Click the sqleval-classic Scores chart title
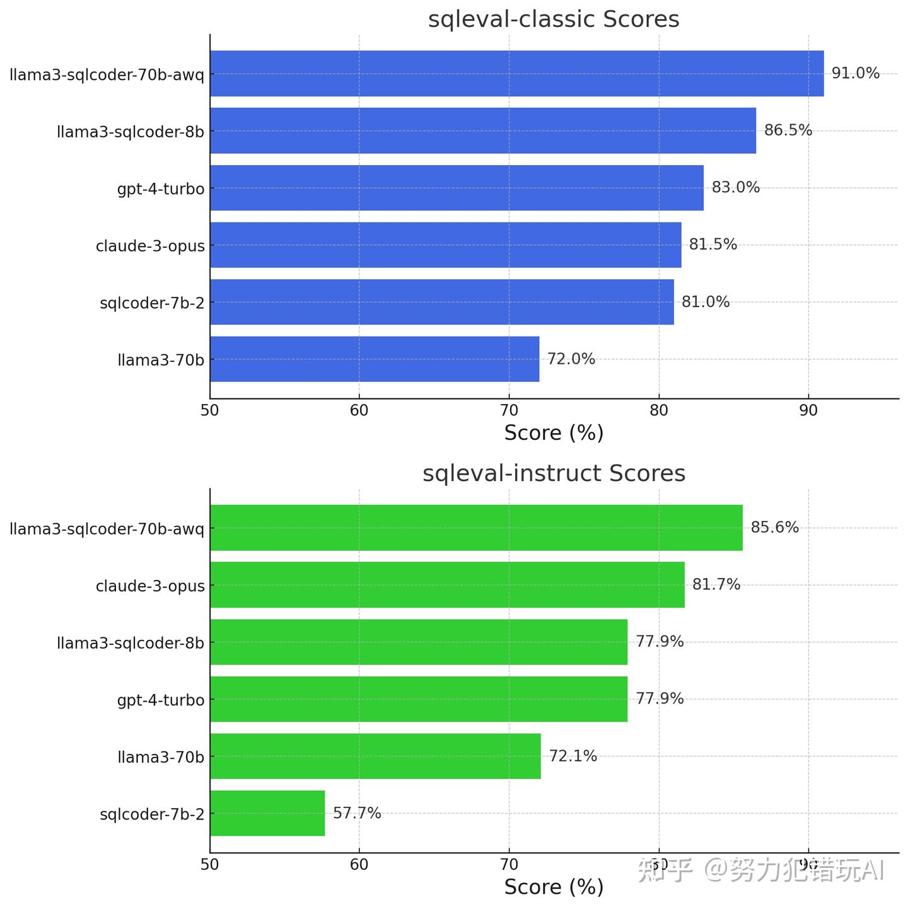[554, 19]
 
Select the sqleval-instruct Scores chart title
[554, 473]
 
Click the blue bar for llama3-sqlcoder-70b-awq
[516, 74]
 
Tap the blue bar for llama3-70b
[375, 359]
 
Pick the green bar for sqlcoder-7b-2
[267, 813]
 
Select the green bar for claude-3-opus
[447, 585]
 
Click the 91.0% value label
[855, 73]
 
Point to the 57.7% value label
[357, 813]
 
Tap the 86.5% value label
[788, 130]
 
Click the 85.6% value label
[774, 528]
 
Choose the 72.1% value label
[573, 756]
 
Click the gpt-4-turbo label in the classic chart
[161, 188]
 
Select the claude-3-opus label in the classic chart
[150, 246]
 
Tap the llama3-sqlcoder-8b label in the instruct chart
[131, 643]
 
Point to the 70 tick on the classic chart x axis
[509, 410]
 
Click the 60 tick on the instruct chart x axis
[359, 864]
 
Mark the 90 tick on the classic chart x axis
[808, 410]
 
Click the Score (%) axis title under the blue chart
[554, 433]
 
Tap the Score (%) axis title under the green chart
[554, 887]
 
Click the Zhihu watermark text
[760, 870]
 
